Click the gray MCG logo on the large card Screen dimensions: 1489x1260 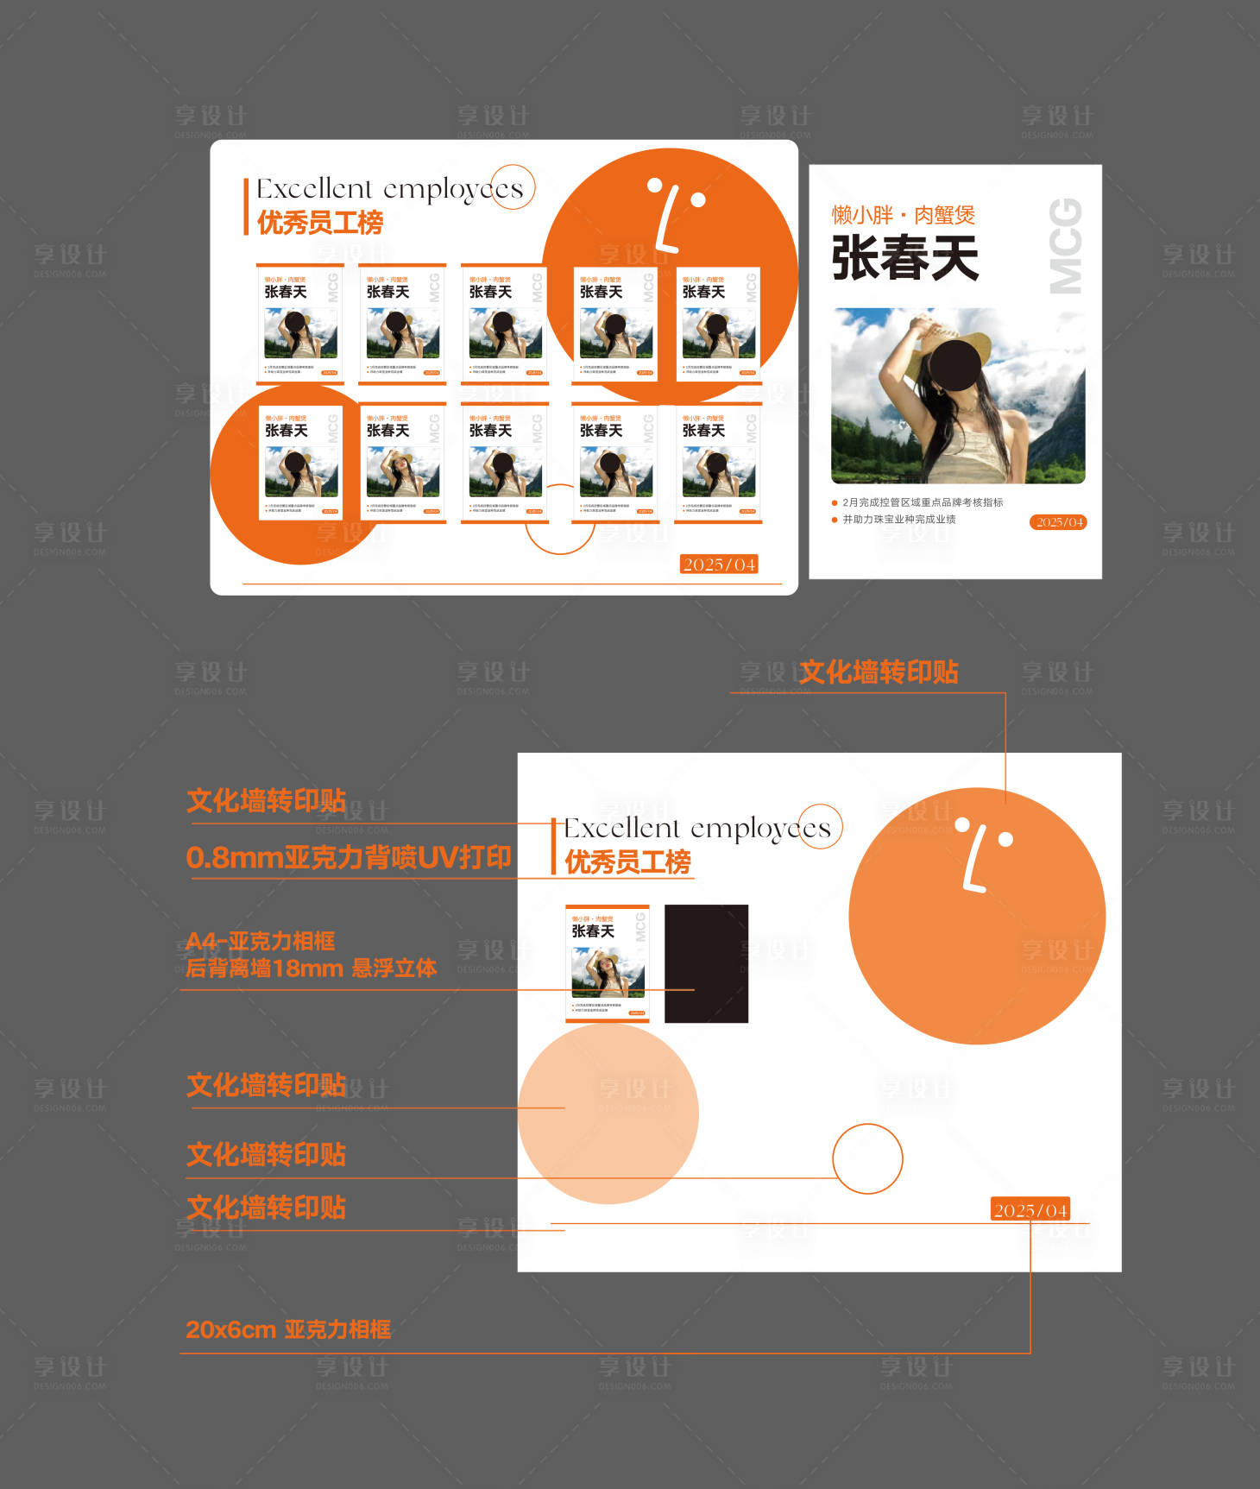coord(1065,246)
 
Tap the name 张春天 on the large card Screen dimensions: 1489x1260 coord(904,257)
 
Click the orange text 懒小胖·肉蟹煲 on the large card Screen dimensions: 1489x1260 coord(903,214)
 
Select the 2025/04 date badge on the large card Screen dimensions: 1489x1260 coord(1059,522)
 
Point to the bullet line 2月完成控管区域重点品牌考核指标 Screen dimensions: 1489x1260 coord(922,502)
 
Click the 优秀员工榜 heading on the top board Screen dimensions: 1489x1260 coord(320,223)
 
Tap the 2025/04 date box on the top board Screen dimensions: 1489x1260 coord(719,565)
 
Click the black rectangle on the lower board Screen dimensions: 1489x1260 coord(706,963)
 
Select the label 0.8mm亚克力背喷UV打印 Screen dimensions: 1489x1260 coord(349,857)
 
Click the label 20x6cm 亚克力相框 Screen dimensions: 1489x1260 coord(288,1329)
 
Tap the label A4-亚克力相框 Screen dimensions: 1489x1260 coord(261,941)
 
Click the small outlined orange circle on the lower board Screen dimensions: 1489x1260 coord(867,1158)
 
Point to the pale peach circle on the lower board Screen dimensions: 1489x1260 coord(608,1114)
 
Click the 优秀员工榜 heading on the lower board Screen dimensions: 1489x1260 coord(627,861)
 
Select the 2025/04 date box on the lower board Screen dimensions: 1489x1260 coord(1030,1210)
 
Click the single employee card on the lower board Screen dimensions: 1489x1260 coord(608,963)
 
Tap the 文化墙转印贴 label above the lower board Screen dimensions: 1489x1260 coord(879,672)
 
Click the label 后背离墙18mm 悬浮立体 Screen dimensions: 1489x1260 coord(311,968)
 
